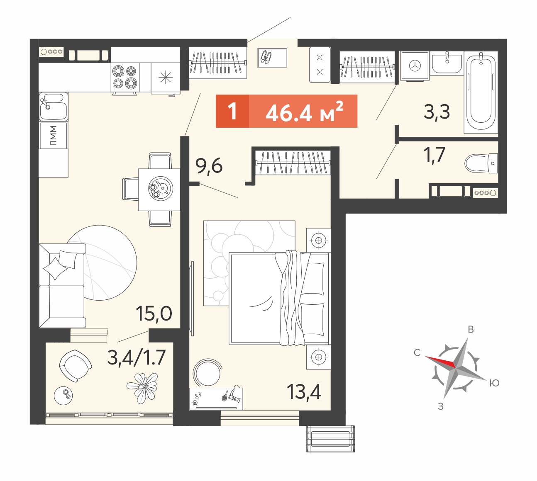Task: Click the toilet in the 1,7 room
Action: pyautogui.click(x=481, y=163)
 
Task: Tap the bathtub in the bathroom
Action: pyautogui.click(x=481, y=92)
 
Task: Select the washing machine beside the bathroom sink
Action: pyautogui.click(x=415, y=66)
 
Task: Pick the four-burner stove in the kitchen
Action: pyautogui.click(x=124, y=77)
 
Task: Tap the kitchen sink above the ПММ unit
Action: pyautogui.click(x=53, y=107)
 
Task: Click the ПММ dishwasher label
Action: pyautogui.click(x=53, y=136)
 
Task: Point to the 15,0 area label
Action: pyautogui.click(x=154, y=313)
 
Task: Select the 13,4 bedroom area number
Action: pyautogui.click(x=304, y=392)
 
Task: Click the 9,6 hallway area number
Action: pyautogui.click(x=209, y=167)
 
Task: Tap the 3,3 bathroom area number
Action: pyautogui.click(x=437, y=112)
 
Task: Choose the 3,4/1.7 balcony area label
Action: pyautogui.click(x=136, y=357)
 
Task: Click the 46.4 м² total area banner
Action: pyautogui.click(x=286, y=111)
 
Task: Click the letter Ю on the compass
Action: pyautogui.click(x=494, y=383)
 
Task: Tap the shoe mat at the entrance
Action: pyautogui.click(x=272, y=58)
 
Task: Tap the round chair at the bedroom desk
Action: pyautogui.click(x=208, y=372)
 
